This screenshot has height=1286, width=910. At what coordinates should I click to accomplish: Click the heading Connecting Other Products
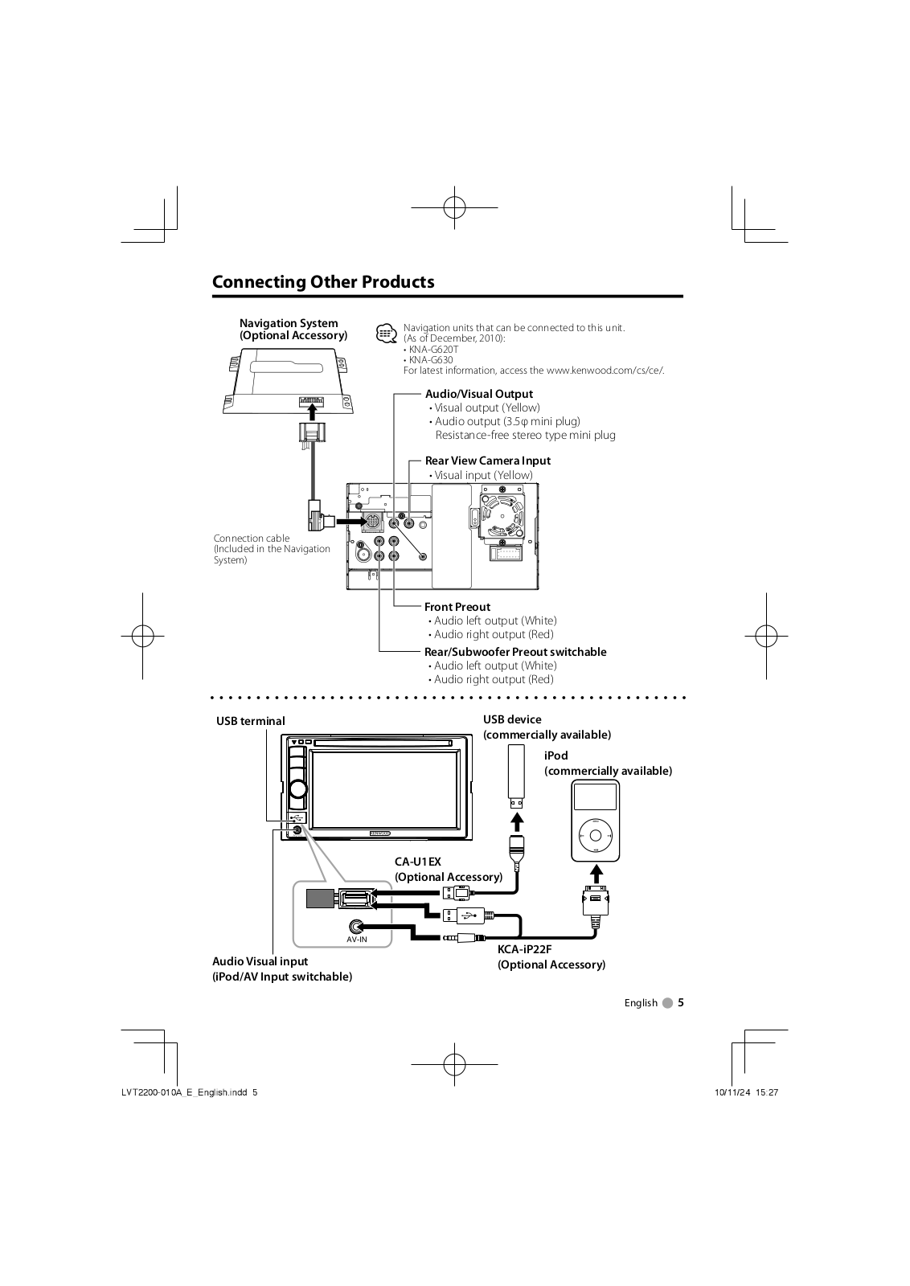323,282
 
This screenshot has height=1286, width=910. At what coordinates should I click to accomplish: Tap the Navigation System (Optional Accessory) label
293,330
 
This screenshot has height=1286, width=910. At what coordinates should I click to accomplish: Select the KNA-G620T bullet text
432,350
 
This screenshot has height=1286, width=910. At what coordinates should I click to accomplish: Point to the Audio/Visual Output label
478,394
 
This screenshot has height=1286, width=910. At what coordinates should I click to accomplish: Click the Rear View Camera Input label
487,461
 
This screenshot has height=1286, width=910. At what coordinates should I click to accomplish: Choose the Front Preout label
457,607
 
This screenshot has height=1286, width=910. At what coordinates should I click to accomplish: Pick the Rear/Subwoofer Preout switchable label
514,652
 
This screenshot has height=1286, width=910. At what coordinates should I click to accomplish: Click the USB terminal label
250,721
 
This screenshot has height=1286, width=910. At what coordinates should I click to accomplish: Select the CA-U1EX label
417,862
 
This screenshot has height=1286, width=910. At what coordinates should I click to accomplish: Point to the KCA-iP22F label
524,949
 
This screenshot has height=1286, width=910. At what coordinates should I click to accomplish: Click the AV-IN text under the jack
357,940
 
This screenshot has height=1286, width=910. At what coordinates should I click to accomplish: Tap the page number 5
680,1002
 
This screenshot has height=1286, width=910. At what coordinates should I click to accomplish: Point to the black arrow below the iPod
595,873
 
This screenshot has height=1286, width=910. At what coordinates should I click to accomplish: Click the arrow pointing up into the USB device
518,821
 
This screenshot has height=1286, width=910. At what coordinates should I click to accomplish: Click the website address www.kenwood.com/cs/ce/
605,371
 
